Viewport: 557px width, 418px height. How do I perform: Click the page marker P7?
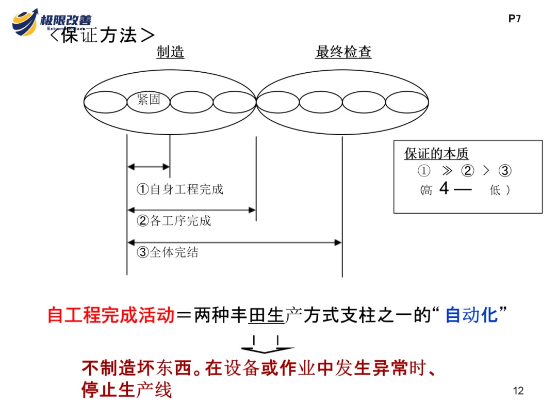tap(515, 19)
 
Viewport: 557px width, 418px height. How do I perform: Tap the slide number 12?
tap(518, 390)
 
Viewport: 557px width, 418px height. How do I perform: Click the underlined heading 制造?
tap(170, 52)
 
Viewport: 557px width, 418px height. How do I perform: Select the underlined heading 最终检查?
tap(343, 52)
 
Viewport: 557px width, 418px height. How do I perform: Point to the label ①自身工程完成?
tap(179, 189)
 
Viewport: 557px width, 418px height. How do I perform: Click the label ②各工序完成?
tap(174, 221)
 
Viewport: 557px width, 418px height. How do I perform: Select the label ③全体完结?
tap(168, 252)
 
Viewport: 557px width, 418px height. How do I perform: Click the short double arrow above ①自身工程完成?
tap(149, 167)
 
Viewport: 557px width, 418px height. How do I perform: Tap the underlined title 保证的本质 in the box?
tap(436, 154)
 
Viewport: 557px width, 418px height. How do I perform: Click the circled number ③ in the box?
tap(505, 171)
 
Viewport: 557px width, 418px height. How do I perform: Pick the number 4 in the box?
tap(444, 189)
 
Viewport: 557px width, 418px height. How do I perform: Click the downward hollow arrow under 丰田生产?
tap(266, 345)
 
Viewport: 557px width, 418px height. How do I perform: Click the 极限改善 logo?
tap(52, 22)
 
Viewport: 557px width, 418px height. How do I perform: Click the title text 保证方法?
tap(103, 36)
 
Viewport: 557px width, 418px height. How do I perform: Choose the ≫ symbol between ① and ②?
tap(446, 171)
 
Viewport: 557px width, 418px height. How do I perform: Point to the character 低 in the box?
tap(495, 190)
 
